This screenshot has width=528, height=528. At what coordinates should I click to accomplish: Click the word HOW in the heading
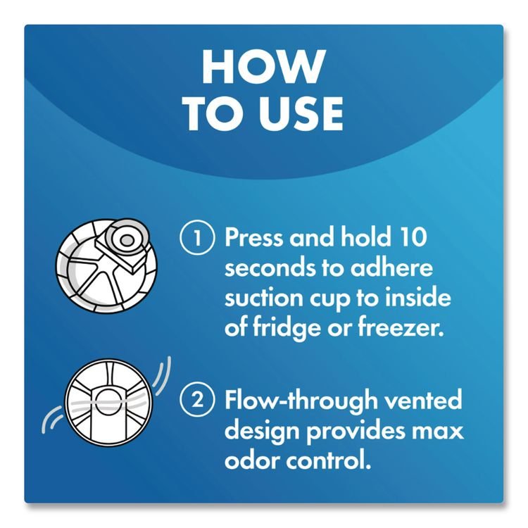coord(264,67)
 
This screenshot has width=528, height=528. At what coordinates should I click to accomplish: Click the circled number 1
coord(197,237)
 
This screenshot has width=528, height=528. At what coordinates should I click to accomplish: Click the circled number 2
coord(197,401)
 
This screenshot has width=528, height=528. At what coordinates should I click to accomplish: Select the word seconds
coord(270,268)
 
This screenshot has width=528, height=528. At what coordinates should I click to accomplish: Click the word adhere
coord(391,268)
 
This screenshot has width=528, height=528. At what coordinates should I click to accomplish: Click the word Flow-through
coord(301,401)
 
